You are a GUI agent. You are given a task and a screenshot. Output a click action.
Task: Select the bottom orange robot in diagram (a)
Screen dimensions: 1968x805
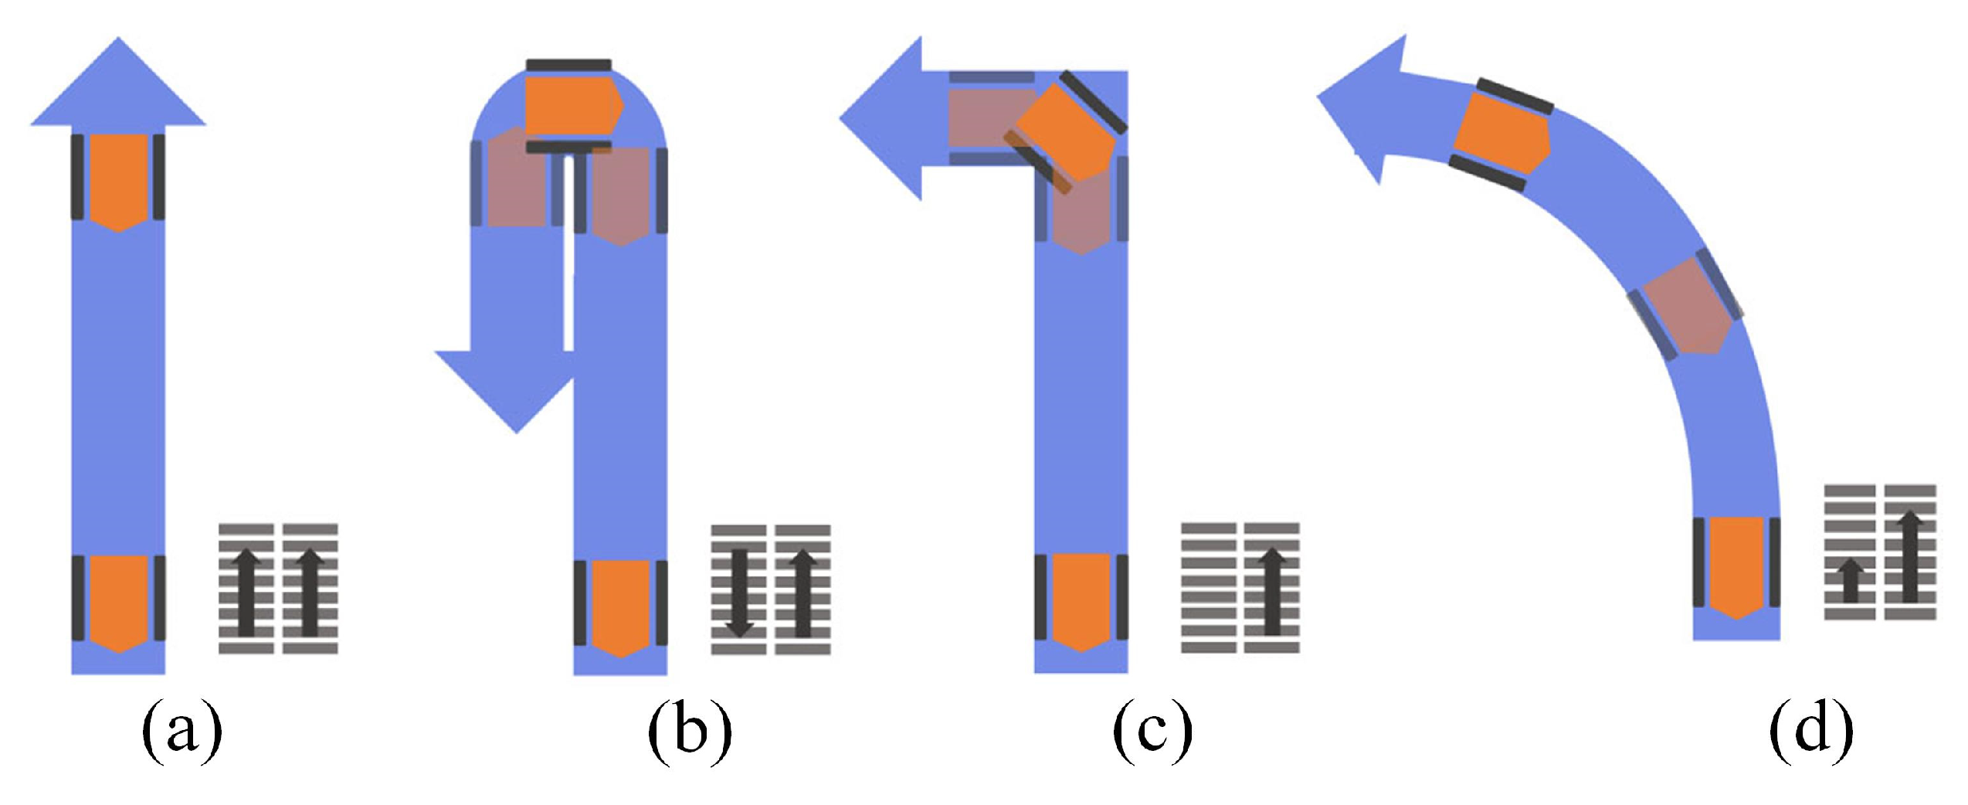tap(118, 603)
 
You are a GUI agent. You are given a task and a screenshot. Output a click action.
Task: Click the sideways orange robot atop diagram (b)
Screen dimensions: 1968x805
tap(572, 104)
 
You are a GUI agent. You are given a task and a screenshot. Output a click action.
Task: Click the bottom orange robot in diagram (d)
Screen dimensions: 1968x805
tap(1736, 566)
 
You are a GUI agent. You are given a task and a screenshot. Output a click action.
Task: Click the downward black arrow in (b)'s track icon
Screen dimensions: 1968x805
tap(739, 592)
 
